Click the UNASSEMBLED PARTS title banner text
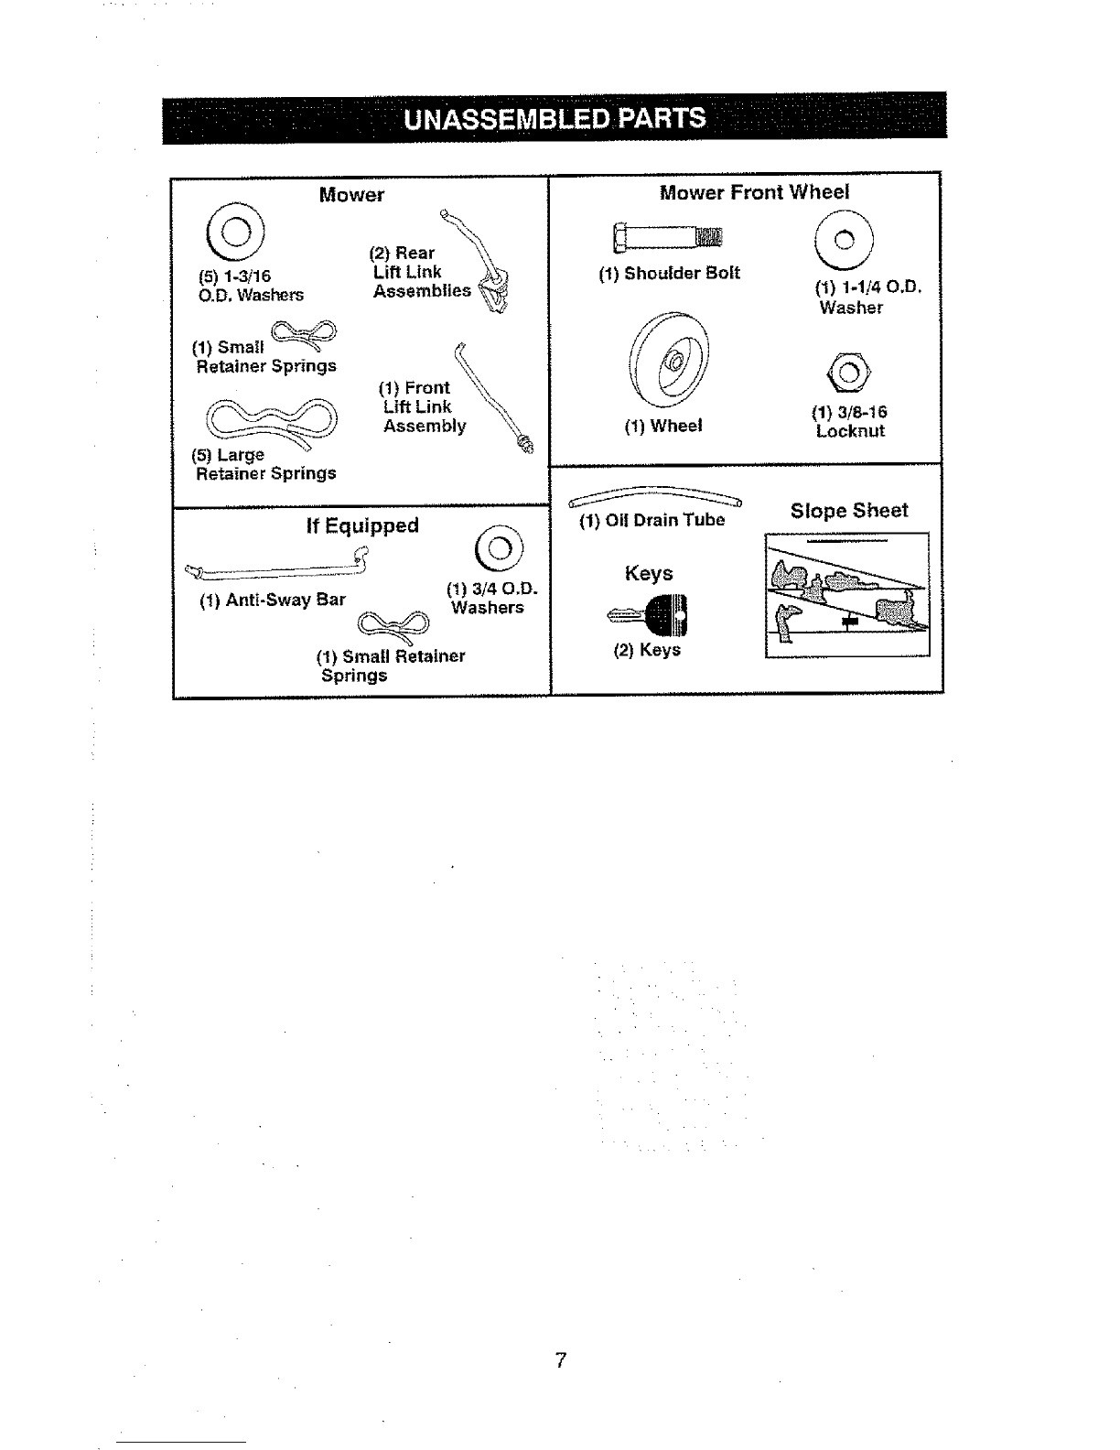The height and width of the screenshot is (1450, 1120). tap(555, 119)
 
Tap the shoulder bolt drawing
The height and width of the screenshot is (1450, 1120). tap(667, 237)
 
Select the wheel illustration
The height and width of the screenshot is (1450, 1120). tap(669, 360)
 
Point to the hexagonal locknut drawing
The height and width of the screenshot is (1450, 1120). tap(848, 373)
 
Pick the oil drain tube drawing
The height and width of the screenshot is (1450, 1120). tap(655, 497)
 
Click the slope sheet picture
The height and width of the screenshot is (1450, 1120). tap(847, 595)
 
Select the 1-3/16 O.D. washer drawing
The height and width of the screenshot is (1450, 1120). tap(235, 232)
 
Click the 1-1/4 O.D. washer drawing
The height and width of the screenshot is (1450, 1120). tap(844, 239)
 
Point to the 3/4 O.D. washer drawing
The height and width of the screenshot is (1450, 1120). tap(499, 548)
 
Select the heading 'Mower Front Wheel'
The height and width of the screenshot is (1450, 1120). tap(755, 192)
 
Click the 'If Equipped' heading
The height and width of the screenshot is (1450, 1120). tap(362, 525)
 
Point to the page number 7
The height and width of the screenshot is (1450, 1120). tap(561, 1360)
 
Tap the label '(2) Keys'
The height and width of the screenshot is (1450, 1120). tap(647, 650)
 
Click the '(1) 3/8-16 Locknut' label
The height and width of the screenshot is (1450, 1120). tap(849, 421)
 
